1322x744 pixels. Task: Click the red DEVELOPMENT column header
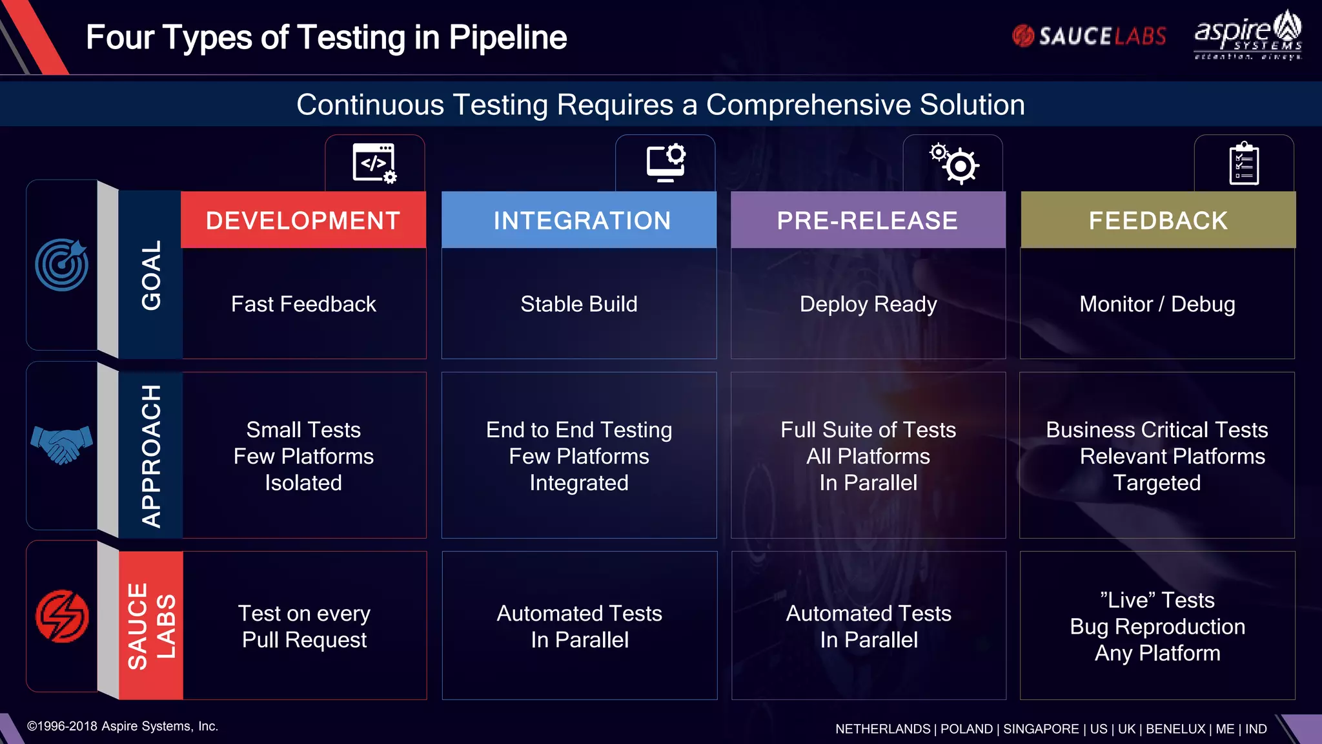coord(303,220)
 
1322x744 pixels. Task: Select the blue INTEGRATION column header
coord(582,220)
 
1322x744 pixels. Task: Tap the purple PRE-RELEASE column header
coord(868,220)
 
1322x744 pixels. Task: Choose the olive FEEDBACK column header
coord(1158,220)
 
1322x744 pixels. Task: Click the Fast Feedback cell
coord(303,304)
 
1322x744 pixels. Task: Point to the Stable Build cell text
coord(579,304)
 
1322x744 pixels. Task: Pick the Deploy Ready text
coord(868,304)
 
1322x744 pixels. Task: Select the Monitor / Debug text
coord(1157,304)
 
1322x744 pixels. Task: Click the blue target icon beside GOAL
coord(62,265)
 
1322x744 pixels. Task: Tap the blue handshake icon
coord(61,444)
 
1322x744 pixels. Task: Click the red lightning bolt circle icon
coord(62,616)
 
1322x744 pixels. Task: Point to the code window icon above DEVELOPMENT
coord(374,163)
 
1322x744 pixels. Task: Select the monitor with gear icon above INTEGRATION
coord(666,163)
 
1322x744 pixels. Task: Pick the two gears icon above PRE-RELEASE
coord(954,163)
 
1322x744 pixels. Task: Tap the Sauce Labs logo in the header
coord(1089,36)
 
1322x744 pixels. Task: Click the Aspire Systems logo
coord(1248,36)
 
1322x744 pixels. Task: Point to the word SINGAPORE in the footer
coord(1041,728)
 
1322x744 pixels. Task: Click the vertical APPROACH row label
coord(151,455)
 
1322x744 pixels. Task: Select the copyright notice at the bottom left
coord(123,726)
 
